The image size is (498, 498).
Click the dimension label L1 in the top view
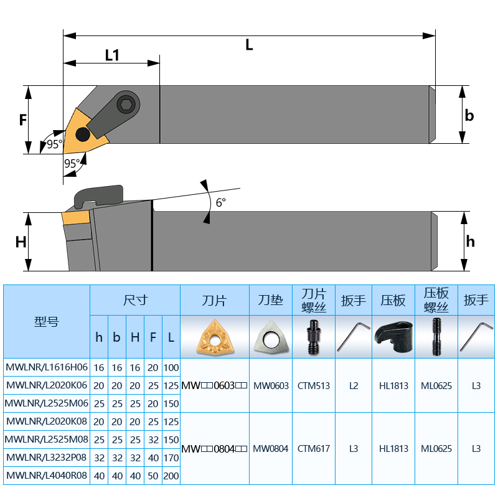112,55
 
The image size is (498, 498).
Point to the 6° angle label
220,202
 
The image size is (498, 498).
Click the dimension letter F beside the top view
23,119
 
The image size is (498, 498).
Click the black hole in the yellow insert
83,134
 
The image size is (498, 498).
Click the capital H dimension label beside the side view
21,242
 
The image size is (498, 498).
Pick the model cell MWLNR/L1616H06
47,367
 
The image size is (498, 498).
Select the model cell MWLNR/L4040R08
47,476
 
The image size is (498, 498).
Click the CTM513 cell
314,385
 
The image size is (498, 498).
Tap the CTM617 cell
314,448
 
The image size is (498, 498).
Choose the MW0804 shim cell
271,448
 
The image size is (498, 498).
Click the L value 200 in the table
171,476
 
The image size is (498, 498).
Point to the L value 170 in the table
171,458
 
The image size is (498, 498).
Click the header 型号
47,322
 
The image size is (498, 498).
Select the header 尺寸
135,300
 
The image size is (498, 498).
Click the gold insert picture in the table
215,337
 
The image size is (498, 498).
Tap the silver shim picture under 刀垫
271,337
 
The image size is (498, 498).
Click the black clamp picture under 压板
393,337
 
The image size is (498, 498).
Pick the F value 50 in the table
153,476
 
